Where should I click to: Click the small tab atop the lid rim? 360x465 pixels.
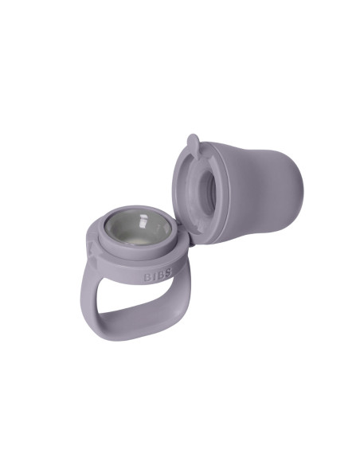192,143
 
